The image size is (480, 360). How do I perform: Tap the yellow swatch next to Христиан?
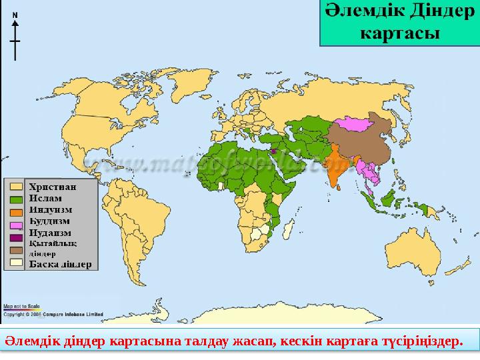16,187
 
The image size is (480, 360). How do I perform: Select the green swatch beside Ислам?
16,198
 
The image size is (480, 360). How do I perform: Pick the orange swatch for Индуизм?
16,209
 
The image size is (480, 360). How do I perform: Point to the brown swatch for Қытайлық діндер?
16,245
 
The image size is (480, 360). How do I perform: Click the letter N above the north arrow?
15,15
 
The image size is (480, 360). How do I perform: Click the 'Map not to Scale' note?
21,306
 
